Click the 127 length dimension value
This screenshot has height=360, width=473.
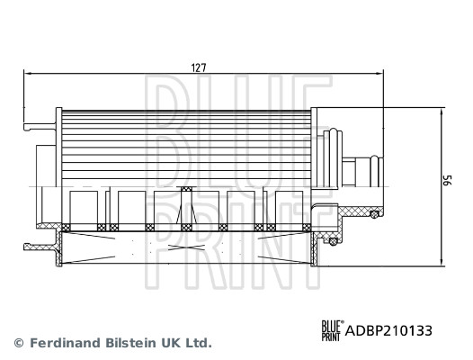(x=199, y=67)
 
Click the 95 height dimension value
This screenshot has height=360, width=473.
(x=448, y=180)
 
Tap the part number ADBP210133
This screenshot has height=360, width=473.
(x=388, y=330)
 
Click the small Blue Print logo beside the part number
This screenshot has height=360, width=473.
(x=333, y=330)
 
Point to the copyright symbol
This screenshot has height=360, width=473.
(x=19, y=343)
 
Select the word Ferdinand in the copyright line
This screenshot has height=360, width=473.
(x=66, y=343)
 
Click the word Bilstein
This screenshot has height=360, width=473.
(x=131, y=343)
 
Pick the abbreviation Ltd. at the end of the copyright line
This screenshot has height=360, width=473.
(x=198, y=343)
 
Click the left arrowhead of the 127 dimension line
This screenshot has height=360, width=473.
(x=28, y=73)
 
